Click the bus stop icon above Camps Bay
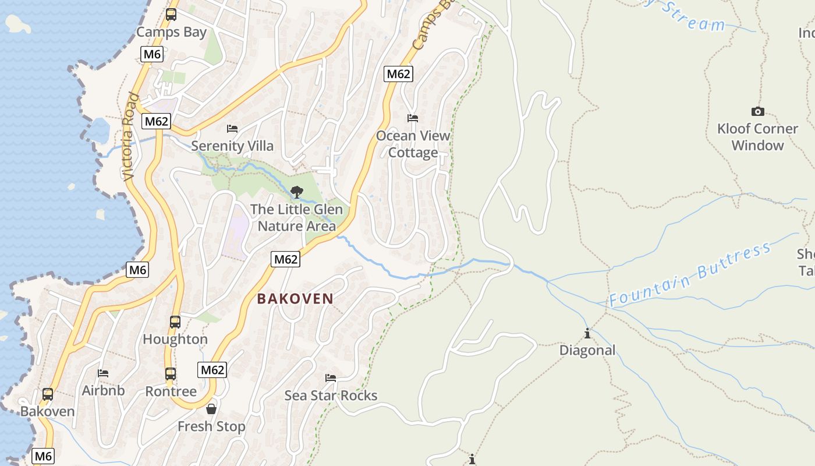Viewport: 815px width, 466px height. pyautogui.click(x=171, y=15)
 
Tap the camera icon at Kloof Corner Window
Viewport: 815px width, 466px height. pyautogui.click(x=757, y=111)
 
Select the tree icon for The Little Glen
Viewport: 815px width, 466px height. pyautogui.click(x=297, y=192)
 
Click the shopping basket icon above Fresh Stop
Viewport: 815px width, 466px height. pyautogui.click(x=211, y=409)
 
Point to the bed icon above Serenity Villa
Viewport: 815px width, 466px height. pyautogui.click(x=232, y=128)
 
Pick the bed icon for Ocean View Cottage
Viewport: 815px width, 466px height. pyautogui.click(x=413, y=118)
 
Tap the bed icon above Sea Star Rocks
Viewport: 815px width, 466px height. pyautogui.click(x=331, y=377)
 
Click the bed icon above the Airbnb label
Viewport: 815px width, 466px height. pyautogui.click(x=103, y=373)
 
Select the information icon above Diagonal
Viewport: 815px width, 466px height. pyautogui.click(x=587, y=333)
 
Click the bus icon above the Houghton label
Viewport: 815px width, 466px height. pyautogui.click(x=175, y=322)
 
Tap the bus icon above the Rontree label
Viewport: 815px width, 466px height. pyautogui.click(x=171, y=374)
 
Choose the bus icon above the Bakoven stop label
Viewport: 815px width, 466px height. pyautogui.click(x=48, y=394)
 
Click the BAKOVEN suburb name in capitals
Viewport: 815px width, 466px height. pyautogui.click(x=295, y=299)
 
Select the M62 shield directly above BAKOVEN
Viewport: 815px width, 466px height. pyautogui.click(x=286, y=259)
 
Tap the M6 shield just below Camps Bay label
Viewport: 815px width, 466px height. pyautogui.click(x=152, y=55)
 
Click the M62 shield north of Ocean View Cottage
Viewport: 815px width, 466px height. pyautogui.click(x=398, y=73)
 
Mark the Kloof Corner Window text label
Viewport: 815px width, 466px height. pyautogui.click(x=757, y=137)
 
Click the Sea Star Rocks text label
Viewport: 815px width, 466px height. pyautogui.click(x=331, y=396)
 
